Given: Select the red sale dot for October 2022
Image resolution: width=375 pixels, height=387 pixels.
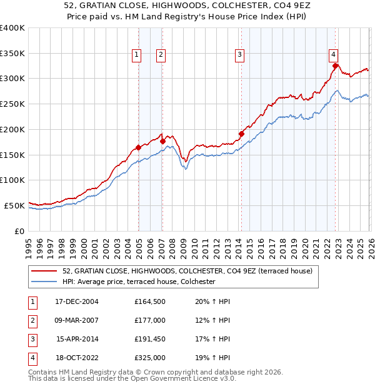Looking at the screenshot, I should point(336,66).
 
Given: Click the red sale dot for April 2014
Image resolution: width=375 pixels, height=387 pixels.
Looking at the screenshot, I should point(241,134).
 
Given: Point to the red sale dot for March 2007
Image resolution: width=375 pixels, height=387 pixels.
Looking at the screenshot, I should point(162,141).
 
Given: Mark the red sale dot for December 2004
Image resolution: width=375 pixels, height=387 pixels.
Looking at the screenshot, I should point(138,147).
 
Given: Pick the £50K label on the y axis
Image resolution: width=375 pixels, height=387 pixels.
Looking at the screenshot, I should point(14,205).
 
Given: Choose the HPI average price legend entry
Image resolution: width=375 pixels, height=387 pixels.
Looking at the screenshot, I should point(139,282).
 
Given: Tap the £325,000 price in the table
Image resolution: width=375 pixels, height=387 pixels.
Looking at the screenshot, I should point(150,358).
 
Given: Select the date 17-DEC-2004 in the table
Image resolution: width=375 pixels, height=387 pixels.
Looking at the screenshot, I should point(77,301).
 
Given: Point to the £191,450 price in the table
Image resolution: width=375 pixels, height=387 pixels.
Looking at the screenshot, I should point(150,340).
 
